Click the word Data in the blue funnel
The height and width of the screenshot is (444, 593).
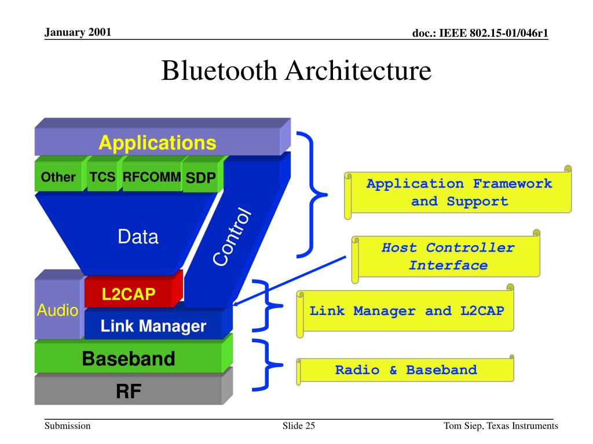point(138,237)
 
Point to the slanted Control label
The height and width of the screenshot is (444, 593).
point(232,236)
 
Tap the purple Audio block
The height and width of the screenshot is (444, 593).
point(58,305)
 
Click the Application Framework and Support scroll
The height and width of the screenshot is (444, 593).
point(458,193)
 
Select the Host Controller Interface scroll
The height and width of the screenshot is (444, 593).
point(446,257)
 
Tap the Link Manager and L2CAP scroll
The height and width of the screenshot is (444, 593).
point(405,311)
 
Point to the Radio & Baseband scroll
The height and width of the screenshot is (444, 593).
point(405,370)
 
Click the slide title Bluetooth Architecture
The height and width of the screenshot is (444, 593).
point(296,71)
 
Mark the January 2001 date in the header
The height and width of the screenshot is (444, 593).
point(78,32)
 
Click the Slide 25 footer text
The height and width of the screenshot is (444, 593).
point(299,426)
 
